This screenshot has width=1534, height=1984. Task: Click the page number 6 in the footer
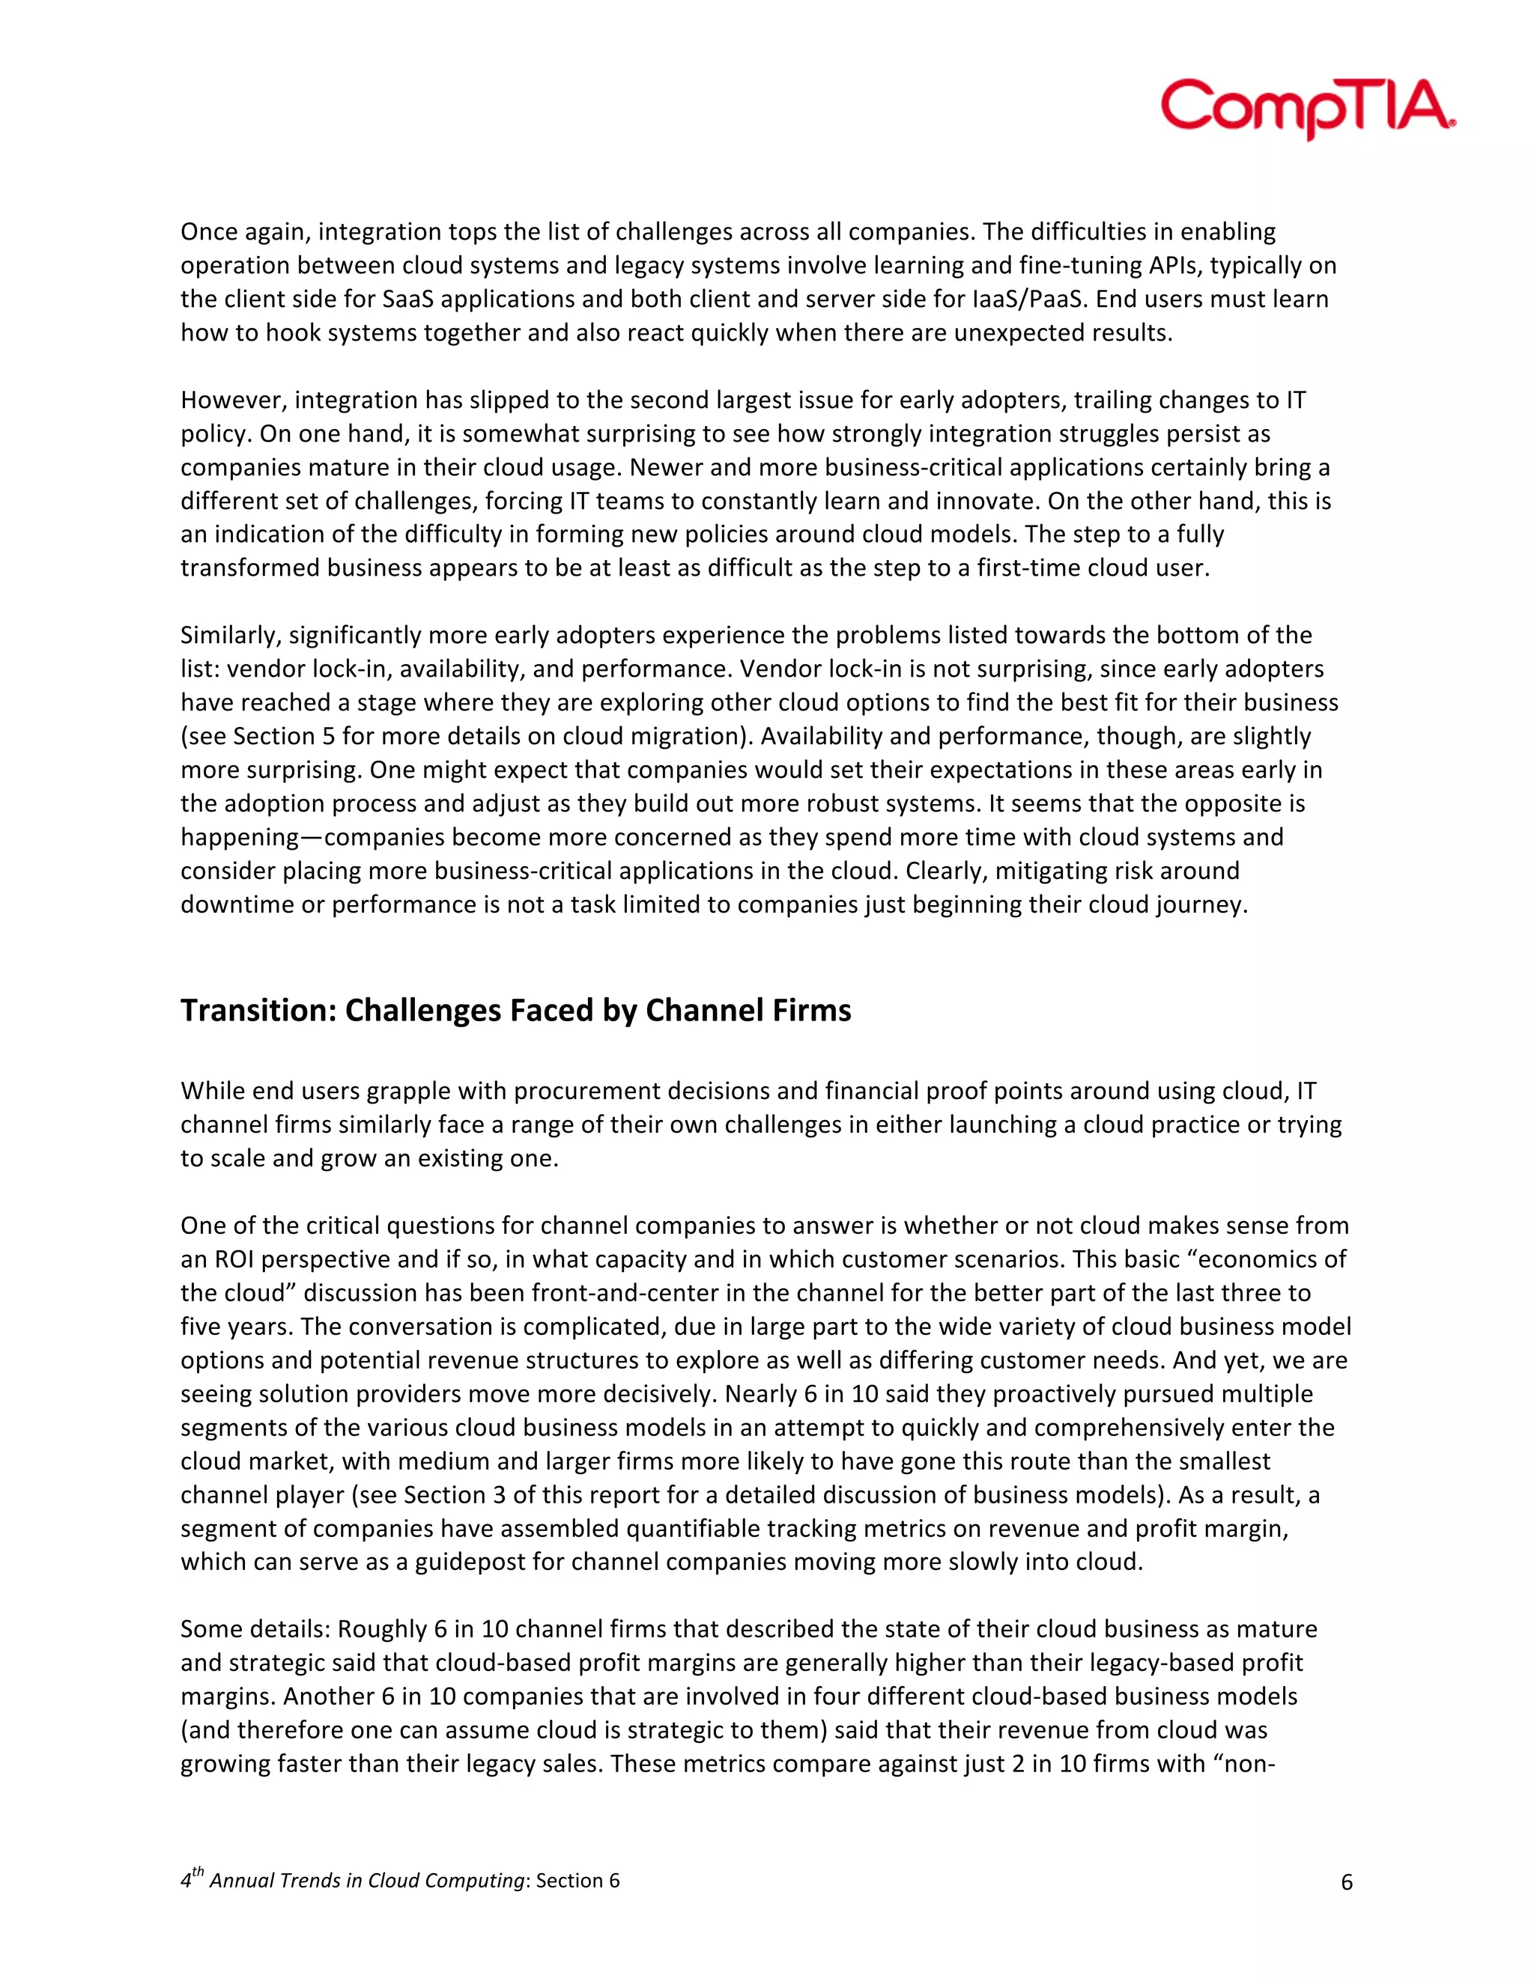(1347, 1881)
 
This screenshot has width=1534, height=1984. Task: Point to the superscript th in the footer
(198, 1872)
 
